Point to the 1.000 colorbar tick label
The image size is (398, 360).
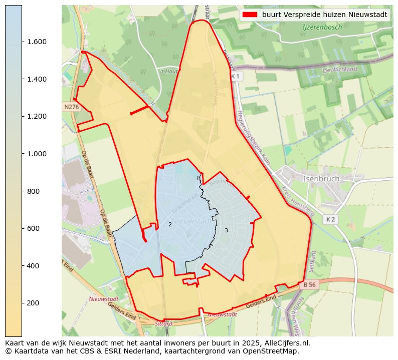(37, 154)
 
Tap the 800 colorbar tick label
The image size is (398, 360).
(34, 191)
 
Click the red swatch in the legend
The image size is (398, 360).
(250, 15)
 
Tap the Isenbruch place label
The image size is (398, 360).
(321, 179)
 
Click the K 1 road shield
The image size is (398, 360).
(236, 76)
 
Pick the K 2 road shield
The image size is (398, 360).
(330, 219)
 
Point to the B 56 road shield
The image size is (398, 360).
(310, 284)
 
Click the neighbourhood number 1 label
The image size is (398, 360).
(197, 178)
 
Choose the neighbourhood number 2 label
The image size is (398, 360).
(170, 224)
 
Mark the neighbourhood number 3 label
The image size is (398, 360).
(226, 230)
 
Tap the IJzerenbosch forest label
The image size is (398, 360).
(322, 27)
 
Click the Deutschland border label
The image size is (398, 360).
(340, 70)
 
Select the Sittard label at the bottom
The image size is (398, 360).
(164, 324)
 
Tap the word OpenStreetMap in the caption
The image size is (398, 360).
(273, 351)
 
